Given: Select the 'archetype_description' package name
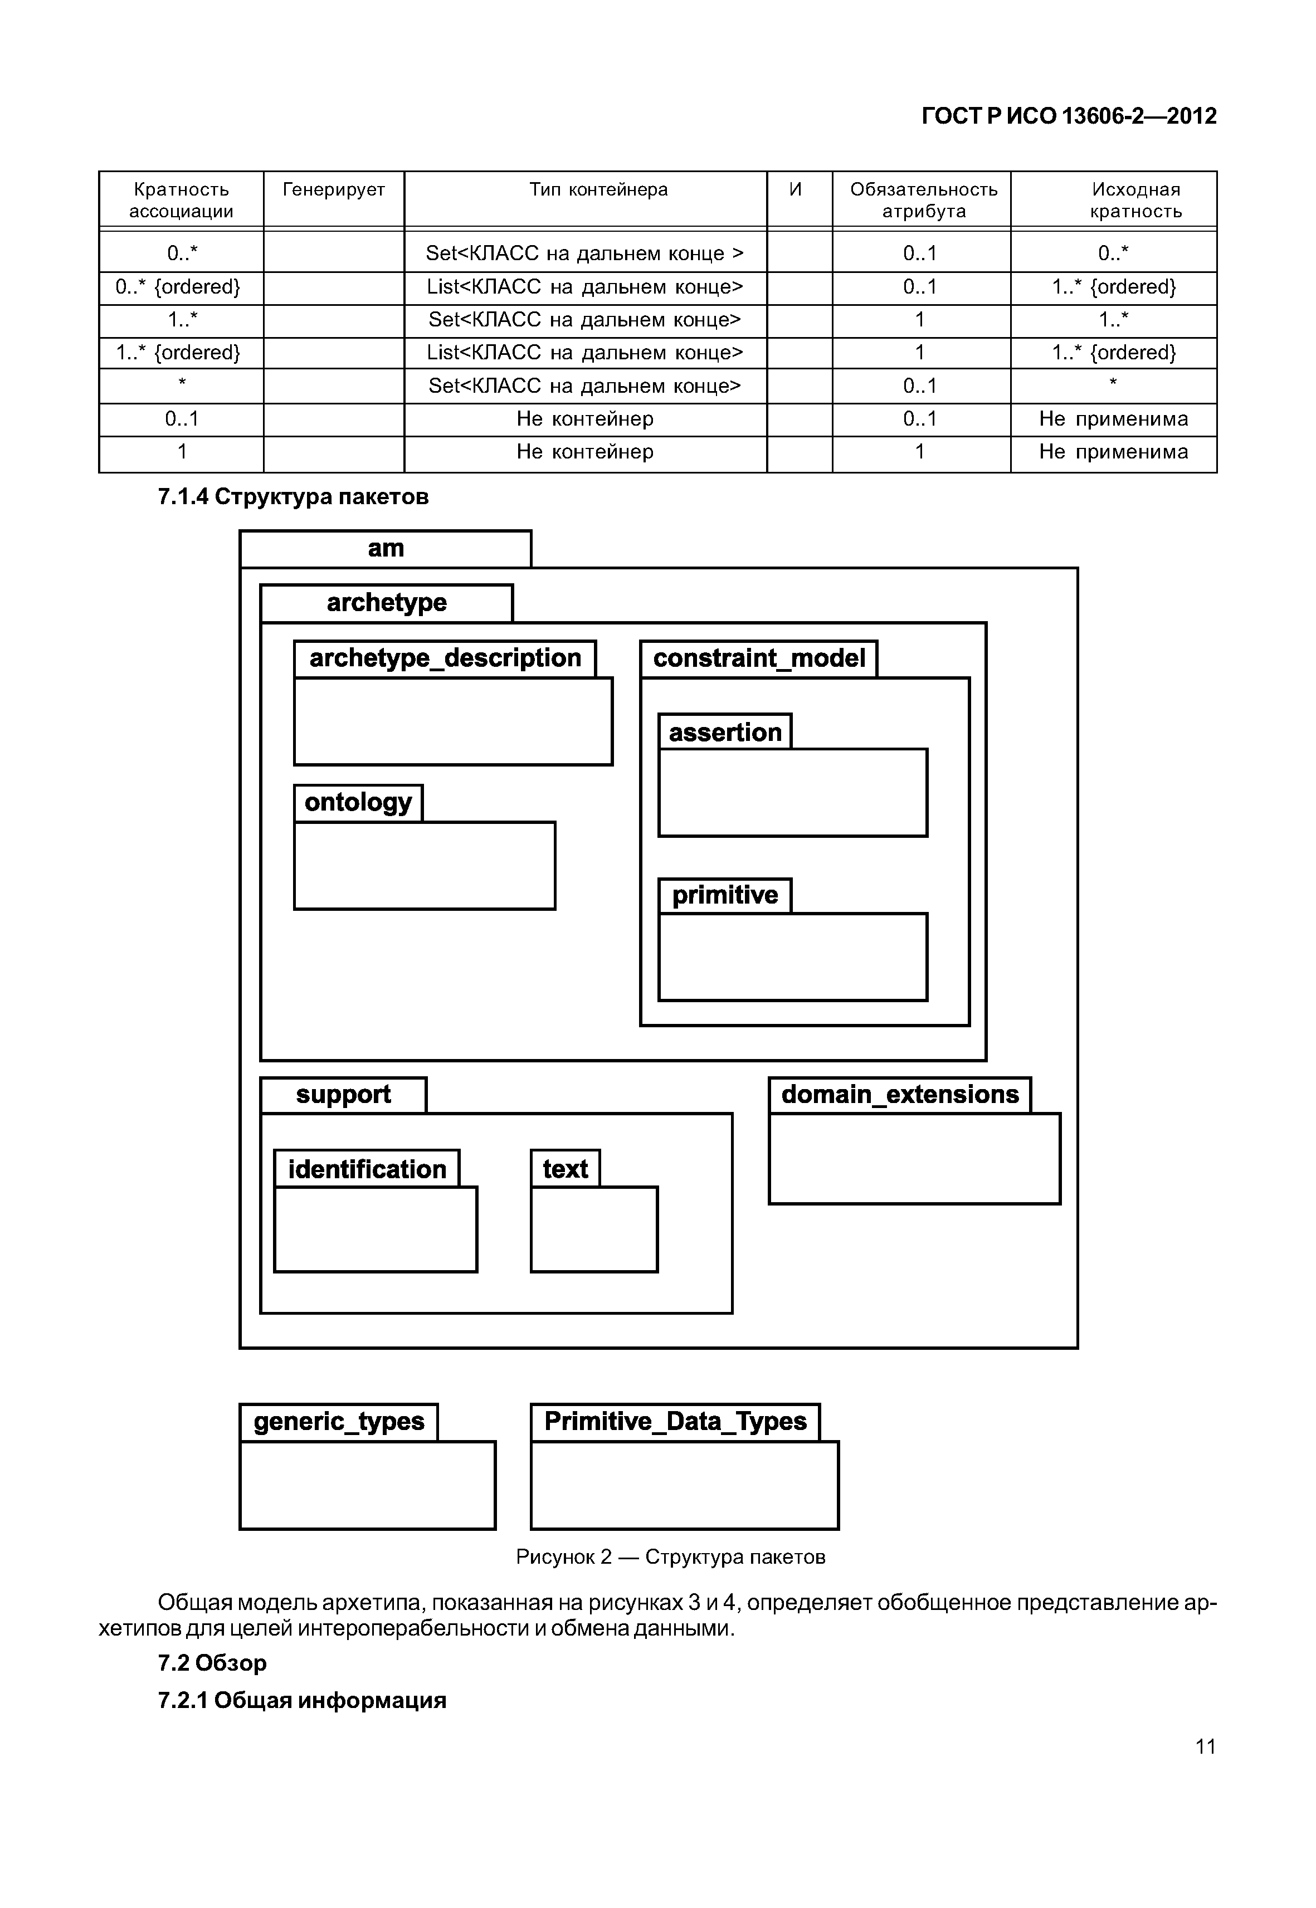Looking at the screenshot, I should (x=445, y=658).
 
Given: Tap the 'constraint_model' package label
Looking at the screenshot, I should (x=759, y=658).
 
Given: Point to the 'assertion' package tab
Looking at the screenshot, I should (x=725, y=732).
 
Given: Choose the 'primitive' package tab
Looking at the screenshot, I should (x=725, y=895).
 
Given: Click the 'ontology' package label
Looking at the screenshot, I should (x=358, y=802).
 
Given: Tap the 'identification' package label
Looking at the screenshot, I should (x=367, y=1169).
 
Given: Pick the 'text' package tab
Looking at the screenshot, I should (x=565, y=1169).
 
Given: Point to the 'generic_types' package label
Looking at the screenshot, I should (x=339, y=1422).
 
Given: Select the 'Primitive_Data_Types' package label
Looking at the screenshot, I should (x=675, y=1422).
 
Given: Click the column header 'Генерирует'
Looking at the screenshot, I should (x=334, y=189).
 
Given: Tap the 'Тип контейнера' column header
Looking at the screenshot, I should (x=598, y=189).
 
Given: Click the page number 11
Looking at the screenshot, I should (x=1205, y=1746).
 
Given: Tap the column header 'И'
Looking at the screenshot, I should (x=796, y=189).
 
